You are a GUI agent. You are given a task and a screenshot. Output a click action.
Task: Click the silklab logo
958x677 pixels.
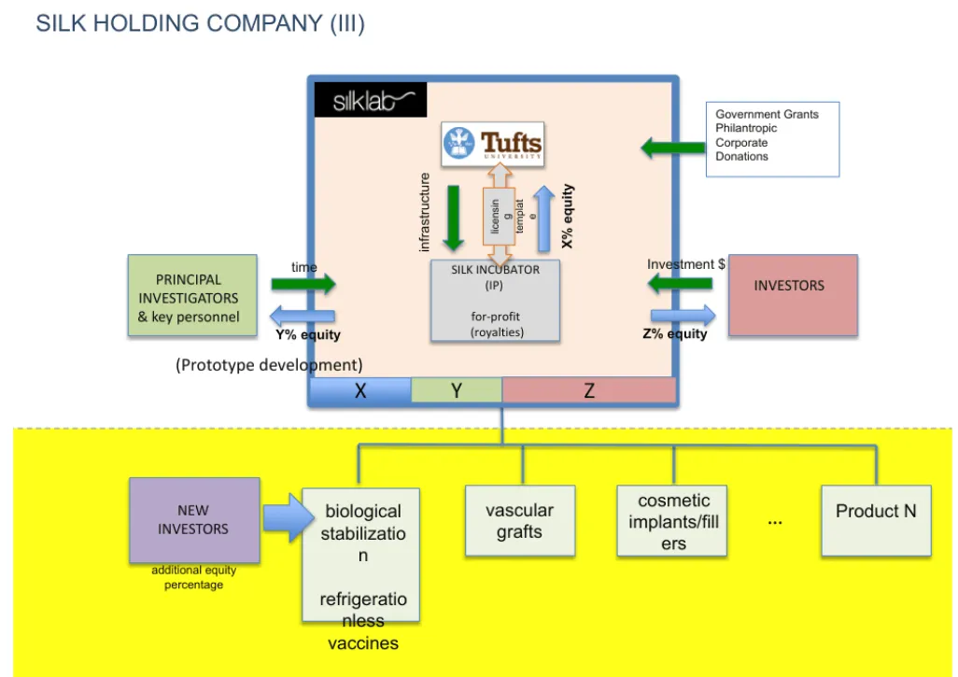tap(370, 100)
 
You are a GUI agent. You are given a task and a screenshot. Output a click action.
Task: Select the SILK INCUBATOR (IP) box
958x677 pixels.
tap(495, 300)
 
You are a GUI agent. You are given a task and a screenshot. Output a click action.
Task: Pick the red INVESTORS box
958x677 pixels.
tap(792, 294)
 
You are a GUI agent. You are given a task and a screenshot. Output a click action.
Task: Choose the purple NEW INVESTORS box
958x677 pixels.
tap(194, 520)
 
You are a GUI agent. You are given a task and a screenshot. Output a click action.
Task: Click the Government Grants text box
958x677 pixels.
tap(772, 139)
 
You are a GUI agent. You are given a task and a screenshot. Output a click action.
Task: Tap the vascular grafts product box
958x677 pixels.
tap(520, 521)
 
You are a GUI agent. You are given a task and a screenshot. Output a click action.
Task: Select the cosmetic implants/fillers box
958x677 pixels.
tap(672, 521)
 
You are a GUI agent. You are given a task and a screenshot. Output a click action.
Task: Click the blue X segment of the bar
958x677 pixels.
tap(360, 391)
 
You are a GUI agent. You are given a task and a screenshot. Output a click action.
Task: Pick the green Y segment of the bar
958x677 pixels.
tap(457, 391)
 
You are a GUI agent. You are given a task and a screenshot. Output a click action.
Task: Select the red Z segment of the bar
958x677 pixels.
tap(589, 391)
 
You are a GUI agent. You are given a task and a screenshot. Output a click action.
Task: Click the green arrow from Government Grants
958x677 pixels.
tap(672, 147)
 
